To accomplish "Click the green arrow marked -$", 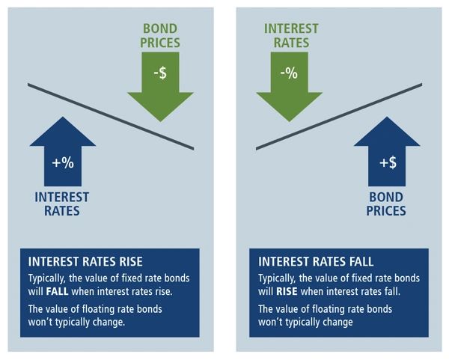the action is point(160,86).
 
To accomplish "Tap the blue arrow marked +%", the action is point(63,152).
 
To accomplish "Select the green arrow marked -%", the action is point(289,86).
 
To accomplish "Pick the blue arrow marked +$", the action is point(387,152).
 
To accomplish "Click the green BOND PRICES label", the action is point(160,36).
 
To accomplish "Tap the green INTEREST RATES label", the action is point(291,36).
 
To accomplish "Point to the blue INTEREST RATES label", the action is point(62,204).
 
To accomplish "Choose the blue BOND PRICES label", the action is point(386,204).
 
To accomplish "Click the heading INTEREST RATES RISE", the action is point(85,261).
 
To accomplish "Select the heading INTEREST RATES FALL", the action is point(316,261).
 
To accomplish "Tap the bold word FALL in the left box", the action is point(58,292).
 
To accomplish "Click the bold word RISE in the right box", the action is point(287,292).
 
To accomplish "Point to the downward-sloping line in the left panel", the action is point(111,116).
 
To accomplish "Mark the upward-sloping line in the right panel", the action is point(339,116).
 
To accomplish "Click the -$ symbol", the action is point(160,73).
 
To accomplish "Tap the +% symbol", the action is point(63,162).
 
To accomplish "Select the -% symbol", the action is point(289,73).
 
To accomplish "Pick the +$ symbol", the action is point(388,162).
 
